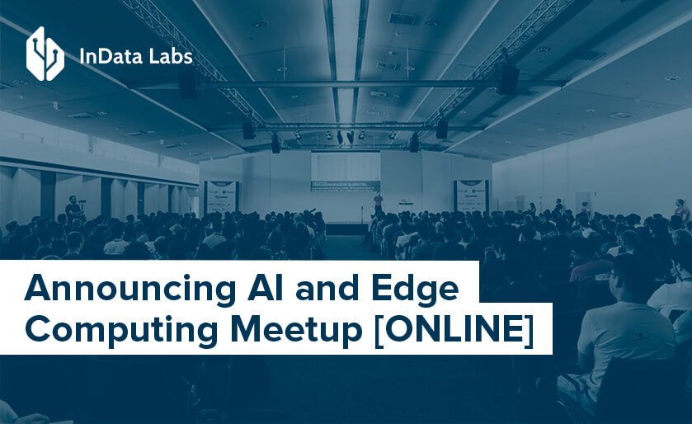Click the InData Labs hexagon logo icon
pos(45,54)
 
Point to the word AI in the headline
pos(261,290)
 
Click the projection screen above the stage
pos(345,171)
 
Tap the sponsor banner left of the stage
pos(220,196)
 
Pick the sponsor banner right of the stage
pos(471,196)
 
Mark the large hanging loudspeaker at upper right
pos(507,79)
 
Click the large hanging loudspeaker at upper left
pos(188,82)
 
